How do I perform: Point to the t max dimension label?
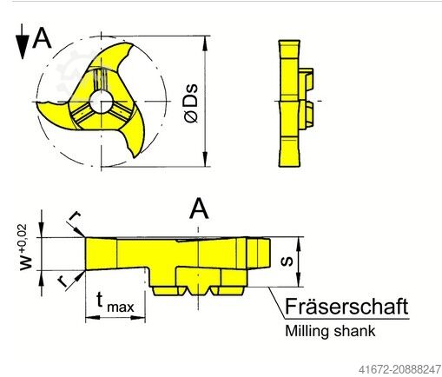coord(115,303)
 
